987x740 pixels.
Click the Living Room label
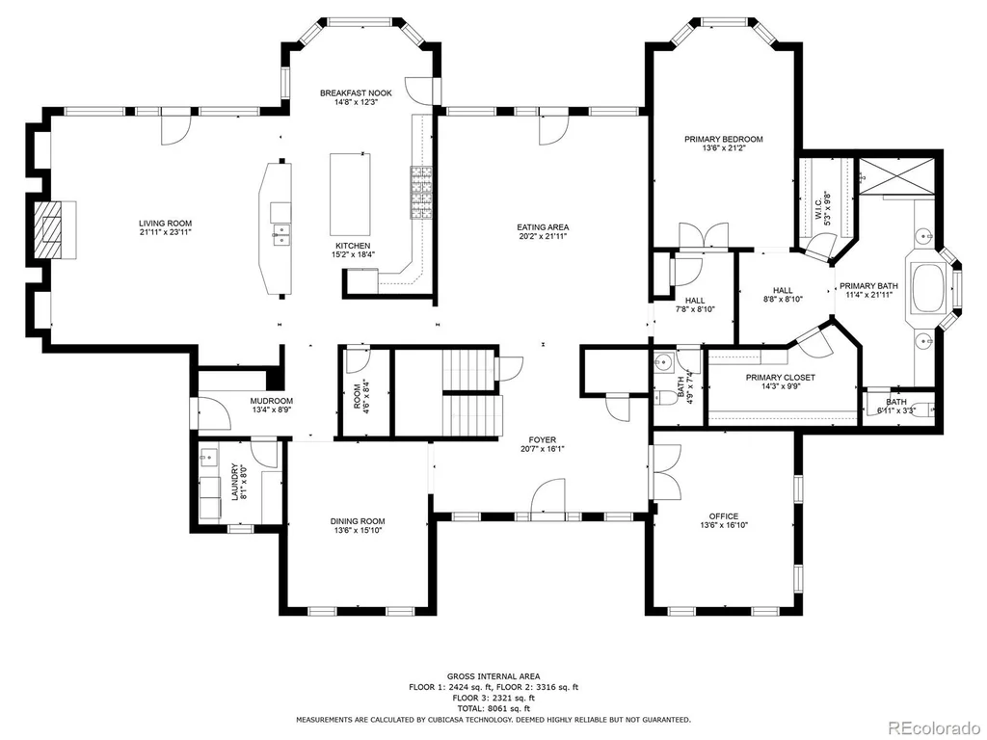165,224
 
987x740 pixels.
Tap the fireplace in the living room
55,229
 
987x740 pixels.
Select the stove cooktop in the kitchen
422,192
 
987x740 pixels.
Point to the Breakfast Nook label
356,93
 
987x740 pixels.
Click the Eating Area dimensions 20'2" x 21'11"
543,236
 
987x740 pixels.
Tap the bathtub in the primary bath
929,289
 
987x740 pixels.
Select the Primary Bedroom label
723,139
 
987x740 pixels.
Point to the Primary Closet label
780,378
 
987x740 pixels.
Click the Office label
723,516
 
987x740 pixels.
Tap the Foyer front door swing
547,500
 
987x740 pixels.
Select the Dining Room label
358,521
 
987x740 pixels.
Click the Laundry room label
234,482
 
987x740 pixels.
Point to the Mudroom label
271,401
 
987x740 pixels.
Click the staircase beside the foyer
473,393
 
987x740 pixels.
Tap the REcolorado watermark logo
933,727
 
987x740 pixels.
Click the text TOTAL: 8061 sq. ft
493,708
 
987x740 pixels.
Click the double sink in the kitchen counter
280,233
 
